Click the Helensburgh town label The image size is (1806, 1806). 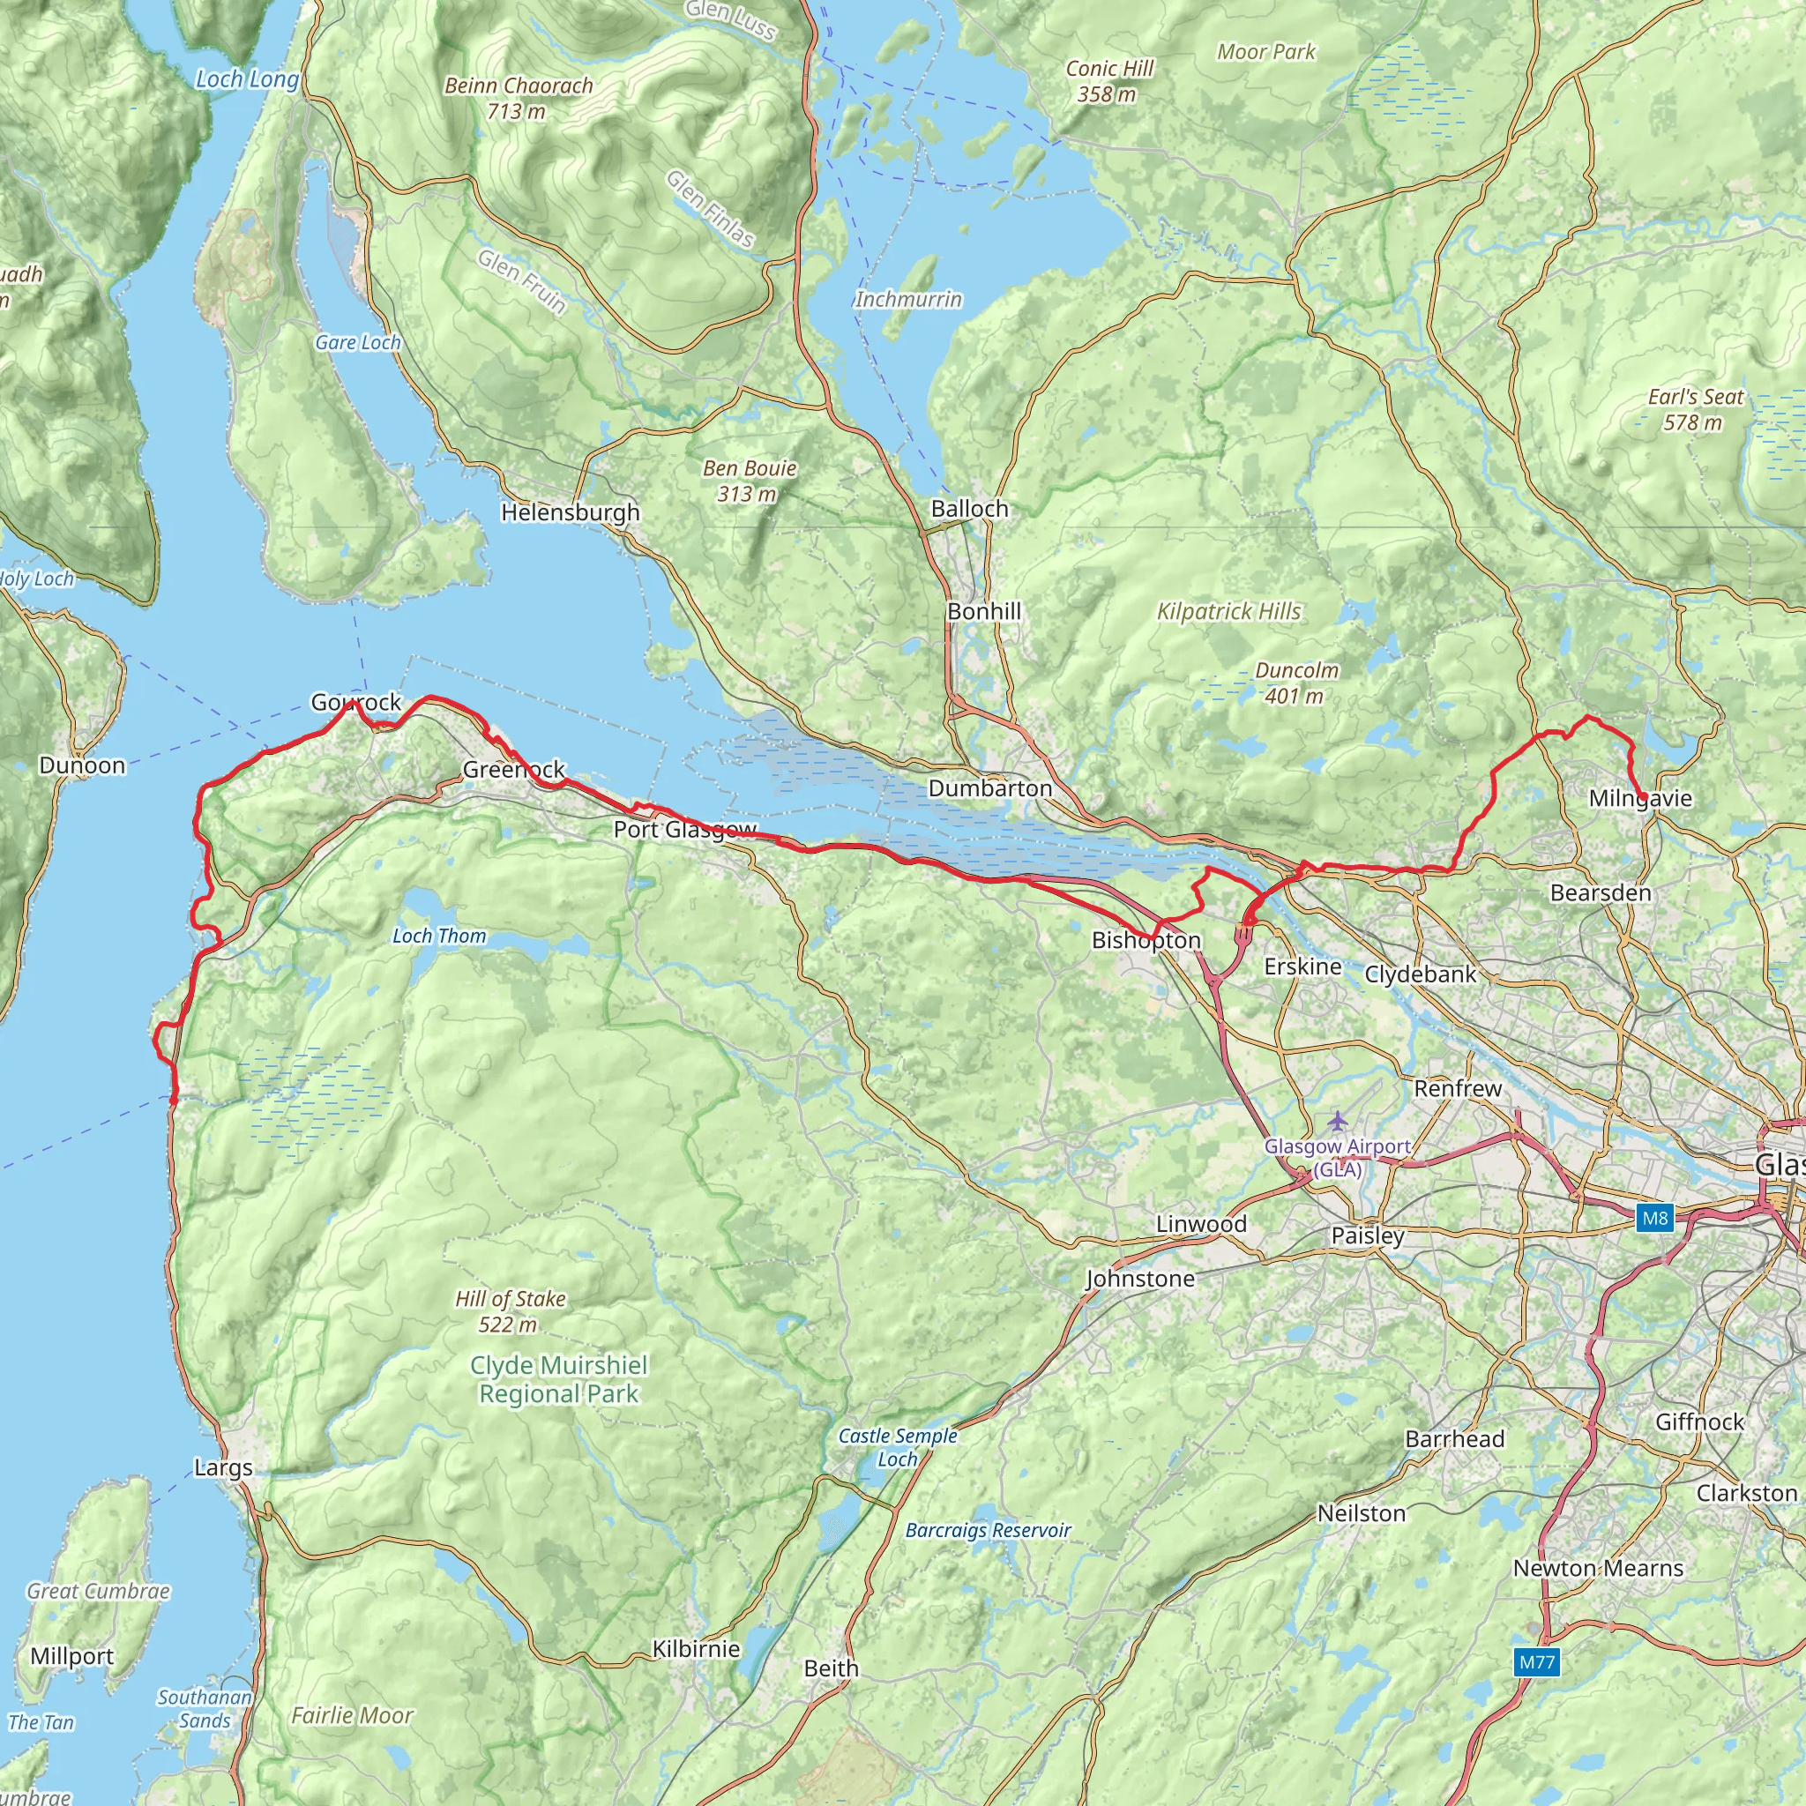571,512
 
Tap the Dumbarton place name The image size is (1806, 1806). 990,788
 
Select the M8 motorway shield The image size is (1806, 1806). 1653,1218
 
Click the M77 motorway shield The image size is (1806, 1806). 1537,1661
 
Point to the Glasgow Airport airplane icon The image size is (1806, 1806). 1338,1120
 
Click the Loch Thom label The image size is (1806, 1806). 438,936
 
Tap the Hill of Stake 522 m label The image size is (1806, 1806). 510,1311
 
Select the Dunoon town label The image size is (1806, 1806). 82,765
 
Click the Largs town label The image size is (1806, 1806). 223,1466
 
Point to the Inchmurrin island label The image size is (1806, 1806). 907,299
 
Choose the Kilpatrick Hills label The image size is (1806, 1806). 1228,611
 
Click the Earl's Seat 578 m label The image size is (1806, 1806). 1695,409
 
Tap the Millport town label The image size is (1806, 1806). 72,1655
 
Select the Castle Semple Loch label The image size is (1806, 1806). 898,1447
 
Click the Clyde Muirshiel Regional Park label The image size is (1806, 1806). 558,1379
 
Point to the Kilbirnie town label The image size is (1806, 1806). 696,1649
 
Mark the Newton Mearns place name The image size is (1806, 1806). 1598,1568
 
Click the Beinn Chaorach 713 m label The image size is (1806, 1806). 519,98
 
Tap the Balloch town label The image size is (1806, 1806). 969,509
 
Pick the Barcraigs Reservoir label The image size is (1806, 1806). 987,1529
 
